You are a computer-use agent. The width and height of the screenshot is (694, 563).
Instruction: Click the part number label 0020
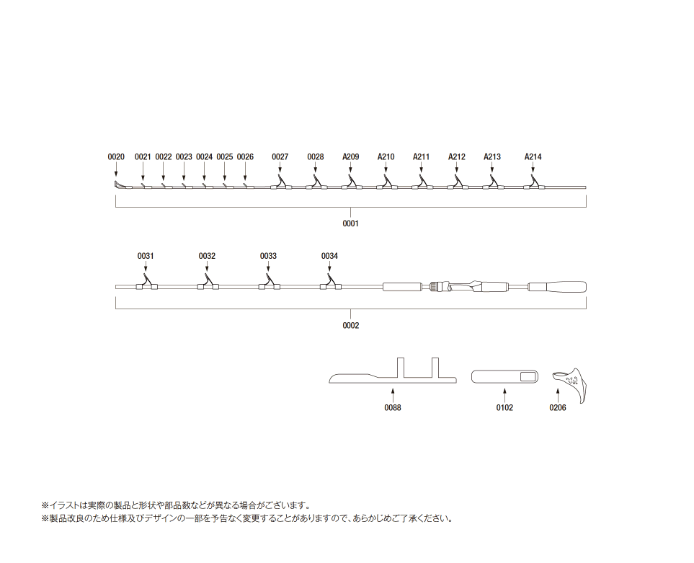pyautogui.click(x=116, y=156)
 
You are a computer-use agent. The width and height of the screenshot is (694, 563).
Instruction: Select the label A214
pyautogui.click(x=533, y=156)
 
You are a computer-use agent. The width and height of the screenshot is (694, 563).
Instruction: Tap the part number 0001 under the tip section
pyautogui.click(x=350, y=223)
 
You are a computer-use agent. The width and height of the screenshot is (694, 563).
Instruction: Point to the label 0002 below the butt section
pyautogui.click(x=350, y=325)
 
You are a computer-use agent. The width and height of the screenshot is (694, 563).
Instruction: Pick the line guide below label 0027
pyautogui.click(x=280, y=182)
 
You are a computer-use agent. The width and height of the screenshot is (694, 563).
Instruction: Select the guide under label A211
pyautogui.click(x=422, y=182)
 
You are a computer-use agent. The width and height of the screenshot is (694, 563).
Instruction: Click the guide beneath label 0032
pyautogui.click(x=208, y=281)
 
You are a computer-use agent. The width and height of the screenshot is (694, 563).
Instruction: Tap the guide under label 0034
pyautogui.click(x=330, y=281)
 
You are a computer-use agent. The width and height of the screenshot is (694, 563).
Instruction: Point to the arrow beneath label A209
pyautogui.click(x=350, y=169)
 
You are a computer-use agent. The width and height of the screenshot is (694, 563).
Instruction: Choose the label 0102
pyautogui.click(x=504, y=407)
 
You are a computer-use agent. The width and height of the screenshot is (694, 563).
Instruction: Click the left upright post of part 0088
pyautogui.click(x=401, y=368)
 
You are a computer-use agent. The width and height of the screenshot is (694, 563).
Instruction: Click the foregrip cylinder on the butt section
pyautogui.click(x=402, y=286)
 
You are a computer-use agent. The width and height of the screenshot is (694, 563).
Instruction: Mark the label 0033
pyautogui.click(x=268, y=256)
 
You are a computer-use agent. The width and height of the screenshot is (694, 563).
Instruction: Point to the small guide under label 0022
pyautogui.click(x=164, y=186)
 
